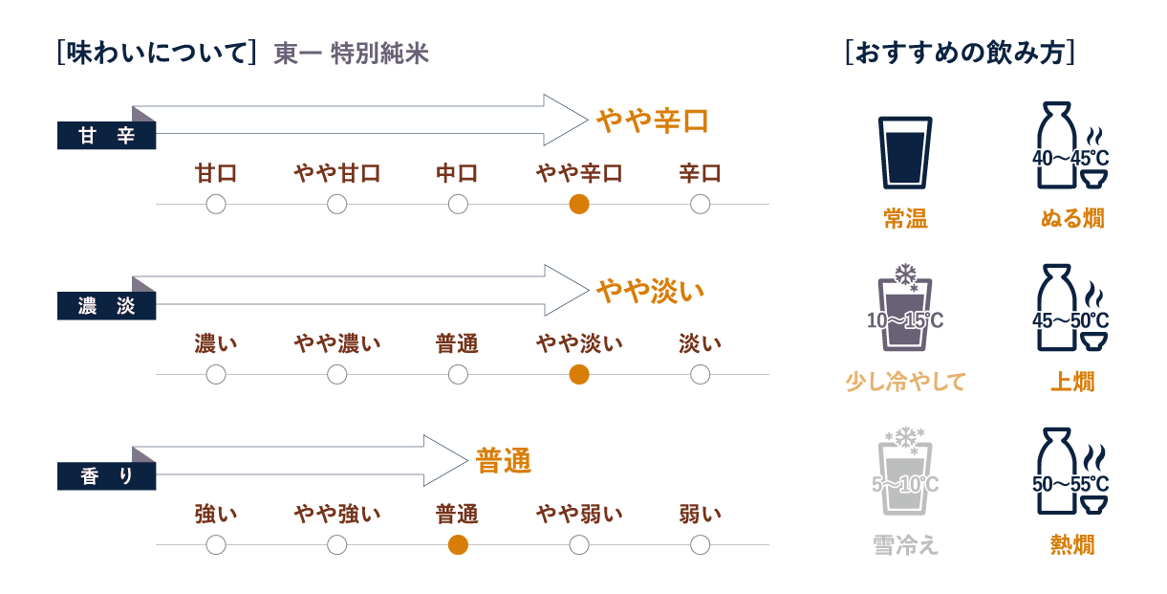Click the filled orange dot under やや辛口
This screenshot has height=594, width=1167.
point(578,204)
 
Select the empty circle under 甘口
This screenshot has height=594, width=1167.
point(216,204)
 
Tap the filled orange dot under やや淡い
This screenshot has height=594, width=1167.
point(578,374)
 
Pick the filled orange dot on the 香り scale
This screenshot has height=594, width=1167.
point(458,545)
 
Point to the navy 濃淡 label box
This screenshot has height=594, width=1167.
point(106,306)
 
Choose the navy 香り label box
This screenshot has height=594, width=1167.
point(106,476)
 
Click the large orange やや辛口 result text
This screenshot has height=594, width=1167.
point(652,121)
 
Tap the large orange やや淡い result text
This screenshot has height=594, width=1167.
point(650,291)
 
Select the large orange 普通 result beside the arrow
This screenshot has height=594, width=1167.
point(503,461)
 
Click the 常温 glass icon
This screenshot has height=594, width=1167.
point(904,153)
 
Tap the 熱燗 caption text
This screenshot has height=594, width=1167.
point(1072,545)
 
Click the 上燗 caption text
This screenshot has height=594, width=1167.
point(1072,382)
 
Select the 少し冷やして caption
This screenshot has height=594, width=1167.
point(905,382)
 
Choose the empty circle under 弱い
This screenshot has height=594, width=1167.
point(700,545)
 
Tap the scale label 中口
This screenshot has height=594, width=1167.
point(458,174)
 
